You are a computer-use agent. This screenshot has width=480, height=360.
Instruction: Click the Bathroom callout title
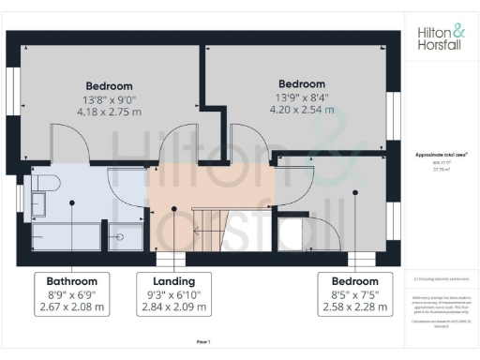tap(72, 281)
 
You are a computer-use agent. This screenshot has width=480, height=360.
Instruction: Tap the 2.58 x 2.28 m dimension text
tap(353, 307)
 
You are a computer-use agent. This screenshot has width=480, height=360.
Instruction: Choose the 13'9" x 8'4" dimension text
tap(301, 97)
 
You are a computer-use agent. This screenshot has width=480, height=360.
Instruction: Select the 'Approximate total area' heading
tap(441, 154)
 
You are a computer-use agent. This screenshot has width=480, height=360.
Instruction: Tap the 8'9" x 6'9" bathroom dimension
tap(72, 294)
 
